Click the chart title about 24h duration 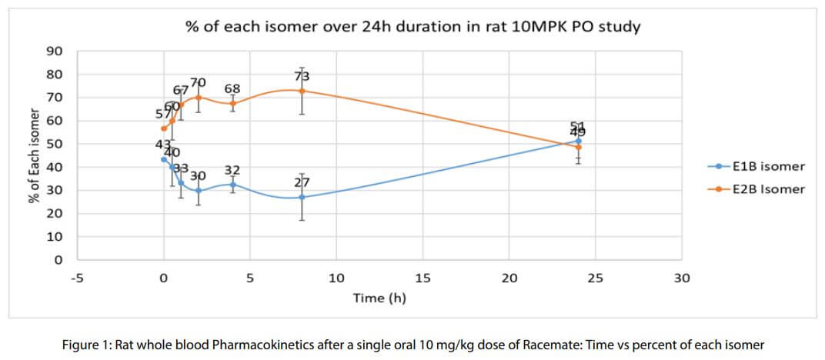pyautogui.click(x=413, y=27)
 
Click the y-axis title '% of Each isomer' pyautogui.click(x=33, y=156)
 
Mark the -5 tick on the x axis pyautogui.click(x=77, y=278)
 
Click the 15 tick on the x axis pyautogui.click(x=423, y=278)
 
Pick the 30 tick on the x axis pyautogui.click(x=682, y=278)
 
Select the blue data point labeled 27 pyautogui.click(x=302, y=197)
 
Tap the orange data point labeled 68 pyautogui.click(x=232, y=103)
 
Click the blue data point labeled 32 pyautogui.click(x=232, y=185)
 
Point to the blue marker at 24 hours pyautogui.click(x=578, y=141)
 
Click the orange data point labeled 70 pyautogui.click(x=199, y=98)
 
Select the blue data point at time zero pyautogui.click(x=164, y=159)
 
